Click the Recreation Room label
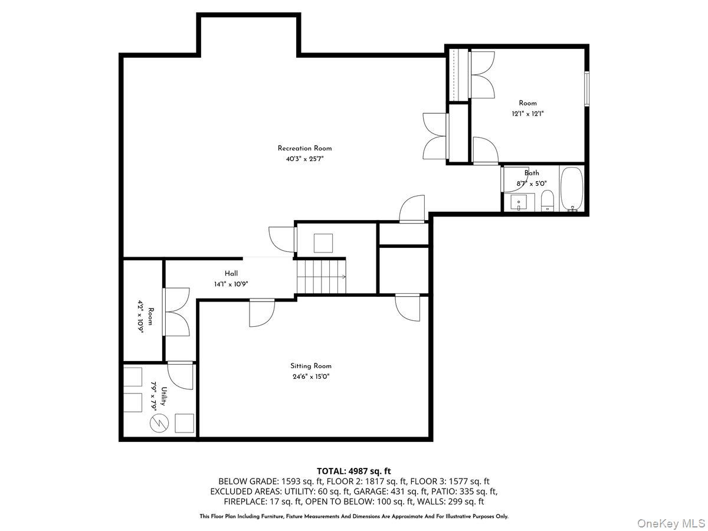point(304,148)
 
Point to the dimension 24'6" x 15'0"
point(310,376)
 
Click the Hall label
point(231,273)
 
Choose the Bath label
point(532,173)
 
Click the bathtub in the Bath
point(572,189)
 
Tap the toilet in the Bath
point(548,201)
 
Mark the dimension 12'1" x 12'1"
point(527,114)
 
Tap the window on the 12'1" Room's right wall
point(586,89)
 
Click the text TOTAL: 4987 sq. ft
point(354,471)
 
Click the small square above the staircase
point(323,243)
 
